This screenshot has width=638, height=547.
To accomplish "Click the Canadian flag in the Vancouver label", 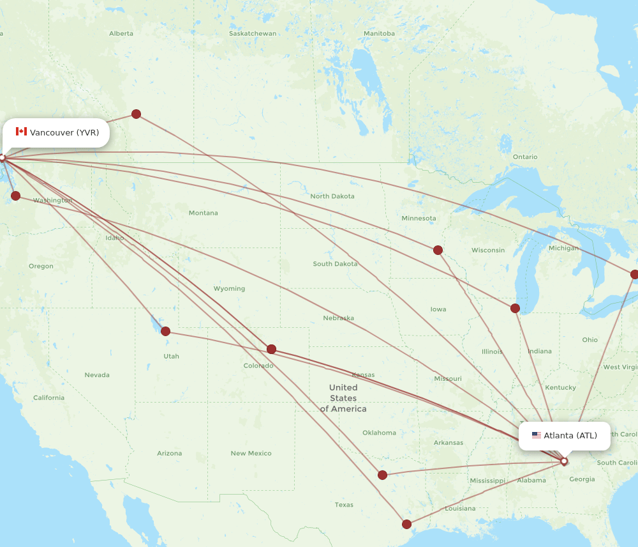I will pos(21,132).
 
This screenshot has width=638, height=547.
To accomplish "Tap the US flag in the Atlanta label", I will pos(536,435).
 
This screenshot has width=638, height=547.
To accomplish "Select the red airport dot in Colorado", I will pos(271,349).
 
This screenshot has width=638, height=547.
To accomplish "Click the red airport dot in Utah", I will pos(165,331).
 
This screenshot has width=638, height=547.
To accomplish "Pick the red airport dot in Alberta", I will pos(136,114).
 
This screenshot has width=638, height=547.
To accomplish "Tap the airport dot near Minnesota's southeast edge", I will pos(438,250).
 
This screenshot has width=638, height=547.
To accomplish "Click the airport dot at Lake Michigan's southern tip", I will pos(515,308).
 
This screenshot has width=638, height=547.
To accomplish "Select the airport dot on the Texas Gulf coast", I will pos(406,524).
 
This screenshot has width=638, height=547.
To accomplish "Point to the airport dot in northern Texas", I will pos(382,475).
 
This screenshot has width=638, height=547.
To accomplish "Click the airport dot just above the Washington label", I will pos(15,196).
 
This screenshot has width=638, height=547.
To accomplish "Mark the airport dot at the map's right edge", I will pos(634,274).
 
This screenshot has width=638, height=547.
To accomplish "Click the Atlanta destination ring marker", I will pos(564,461).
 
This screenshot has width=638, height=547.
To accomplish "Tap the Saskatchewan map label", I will pos(253,33).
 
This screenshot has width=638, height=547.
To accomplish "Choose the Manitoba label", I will pos(379,33).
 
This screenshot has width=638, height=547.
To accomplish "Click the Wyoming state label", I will pos(229,288).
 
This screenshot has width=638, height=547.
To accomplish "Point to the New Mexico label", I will pos(251,453).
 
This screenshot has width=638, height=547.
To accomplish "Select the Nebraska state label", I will pos(338,318).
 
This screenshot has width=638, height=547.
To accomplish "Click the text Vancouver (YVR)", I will pos(64,132).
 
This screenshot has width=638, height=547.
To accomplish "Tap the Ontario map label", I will pos(525,157).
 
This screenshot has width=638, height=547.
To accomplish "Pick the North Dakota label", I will pos(332,196).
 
